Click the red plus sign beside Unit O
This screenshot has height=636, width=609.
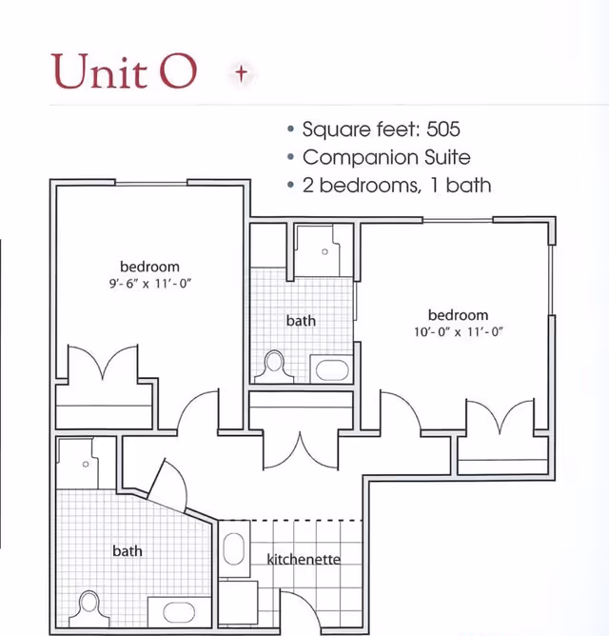coord(242,73)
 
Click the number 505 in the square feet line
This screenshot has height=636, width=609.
coord(443,129)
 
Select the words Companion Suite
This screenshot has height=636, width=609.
coord(386,157)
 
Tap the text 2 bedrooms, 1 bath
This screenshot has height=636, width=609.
coord(397,186)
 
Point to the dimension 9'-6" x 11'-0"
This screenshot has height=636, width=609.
coord(150,283)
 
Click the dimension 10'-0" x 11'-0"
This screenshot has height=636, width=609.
coord(458,331)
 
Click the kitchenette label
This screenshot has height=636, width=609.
coord(304,559)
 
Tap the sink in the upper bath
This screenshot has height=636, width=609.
coord(332,370)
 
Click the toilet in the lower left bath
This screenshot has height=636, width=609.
coord(88,608)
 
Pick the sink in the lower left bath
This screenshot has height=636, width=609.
coord(179,612)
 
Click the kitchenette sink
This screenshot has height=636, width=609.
coord(234,548)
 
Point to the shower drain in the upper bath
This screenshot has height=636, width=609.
coord(324,252)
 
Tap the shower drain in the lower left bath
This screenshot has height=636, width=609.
coord(86,464)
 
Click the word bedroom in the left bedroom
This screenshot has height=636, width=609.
coord(149,267)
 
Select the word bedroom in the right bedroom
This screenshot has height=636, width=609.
coord(458,315)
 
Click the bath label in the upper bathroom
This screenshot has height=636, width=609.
coord(301,321)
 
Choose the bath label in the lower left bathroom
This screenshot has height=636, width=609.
coord(128,551)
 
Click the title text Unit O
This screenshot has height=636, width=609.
coord(124,71)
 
